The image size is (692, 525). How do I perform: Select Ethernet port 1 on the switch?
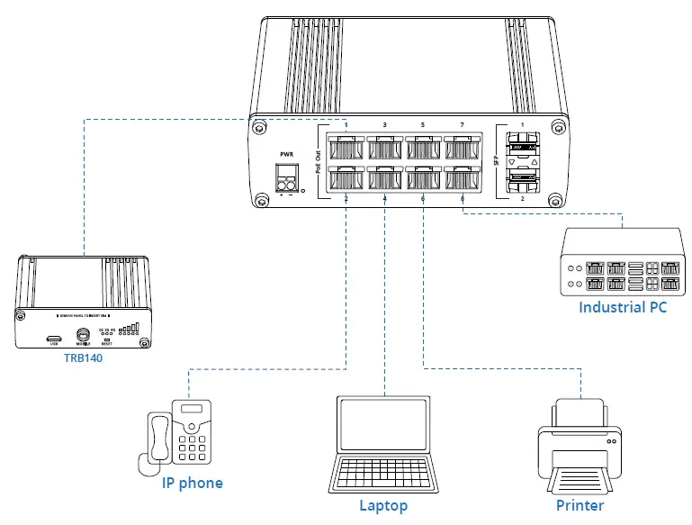pyautogui.click(x=346, y=147)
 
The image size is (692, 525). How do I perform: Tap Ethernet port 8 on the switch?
pyautogui.click(x=460, y=178)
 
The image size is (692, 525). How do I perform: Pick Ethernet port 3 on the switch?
pyautogui.click(x=384, y=147)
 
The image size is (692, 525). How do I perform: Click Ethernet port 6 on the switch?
pyautogui.click(x=422, y=178)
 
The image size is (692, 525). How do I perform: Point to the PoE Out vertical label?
pyautogui.click(x=319, y=162)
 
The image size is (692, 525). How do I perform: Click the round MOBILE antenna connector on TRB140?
pyautogui.click(x=83, y=334)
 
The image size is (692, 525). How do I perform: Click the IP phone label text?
pyautogui.click(x=192, y=483)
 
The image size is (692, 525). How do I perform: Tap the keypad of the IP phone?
pyautogui.click(x=193, y=447)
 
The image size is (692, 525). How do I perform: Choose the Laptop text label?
pyautogui.click(x=383, y=505)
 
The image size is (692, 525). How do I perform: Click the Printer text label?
pyautogui.click(x=580, y=504)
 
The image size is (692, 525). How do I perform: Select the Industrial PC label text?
pyautogui.click(x=624, y=307)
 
